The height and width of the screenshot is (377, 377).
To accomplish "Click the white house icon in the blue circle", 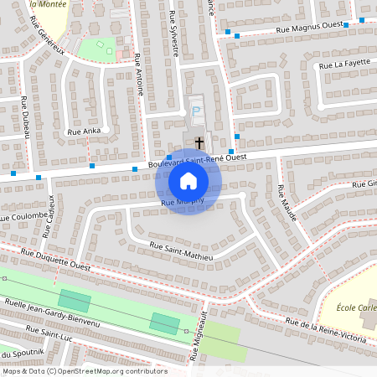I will pyautogui.click(x=188, y=181).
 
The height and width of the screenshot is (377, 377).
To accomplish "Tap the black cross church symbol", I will pyautogui.click(x=199, y=142).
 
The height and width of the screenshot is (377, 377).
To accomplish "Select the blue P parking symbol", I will pyautogui.click(x=196, y=111).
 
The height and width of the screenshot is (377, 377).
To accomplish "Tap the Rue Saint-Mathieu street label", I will pyautogui.click(x=181, y=250).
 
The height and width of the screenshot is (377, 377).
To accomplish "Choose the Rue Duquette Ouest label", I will pyautogui.click(x=55, y=258).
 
